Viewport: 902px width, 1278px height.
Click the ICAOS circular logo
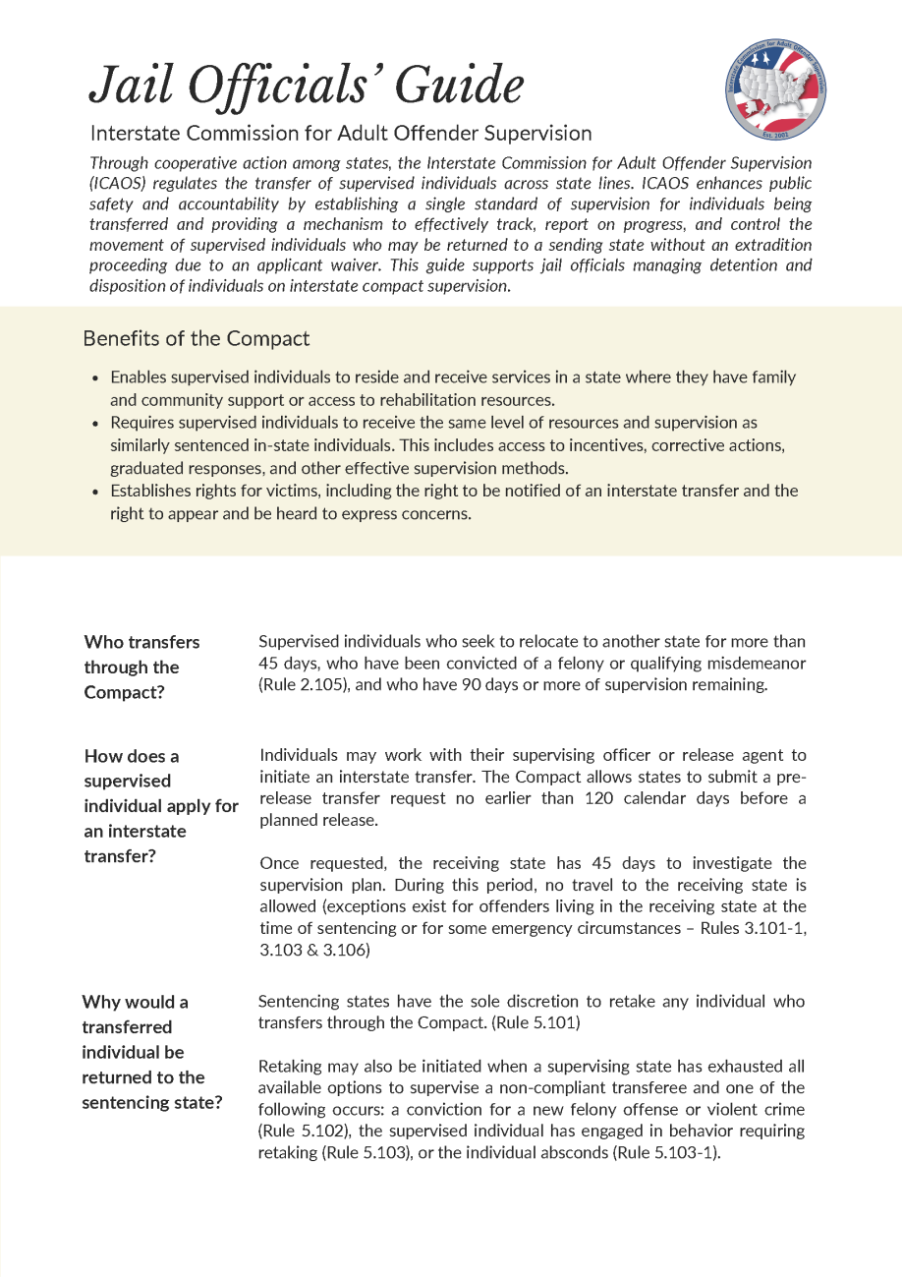pyautogui.click(x=776, y=90)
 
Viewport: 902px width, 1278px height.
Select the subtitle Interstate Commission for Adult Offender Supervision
pyautogui.click(x=340, y=133)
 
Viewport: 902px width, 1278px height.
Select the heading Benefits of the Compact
pyautogui.click(x=197, y=339)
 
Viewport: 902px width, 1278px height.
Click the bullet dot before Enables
pyautogui.click(x=95, y=378)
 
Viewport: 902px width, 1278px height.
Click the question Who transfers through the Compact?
pyautogui.click(x=141, y=667)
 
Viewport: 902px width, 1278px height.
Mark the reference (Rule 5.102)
pyautogui.click(x=302, y=1131)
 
